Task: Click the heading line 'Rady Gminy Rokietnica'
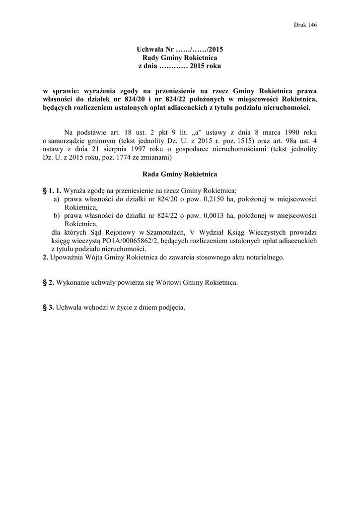coord(180,58)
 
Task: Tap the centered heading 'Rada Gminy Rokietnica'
coord(180,175)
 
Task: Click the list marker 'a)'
coord(57,199)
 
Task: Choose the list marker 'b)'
coord(57,216)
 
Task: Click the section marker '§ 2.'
coord(49,283)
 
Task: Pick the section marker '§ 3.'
coord(49,308)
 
